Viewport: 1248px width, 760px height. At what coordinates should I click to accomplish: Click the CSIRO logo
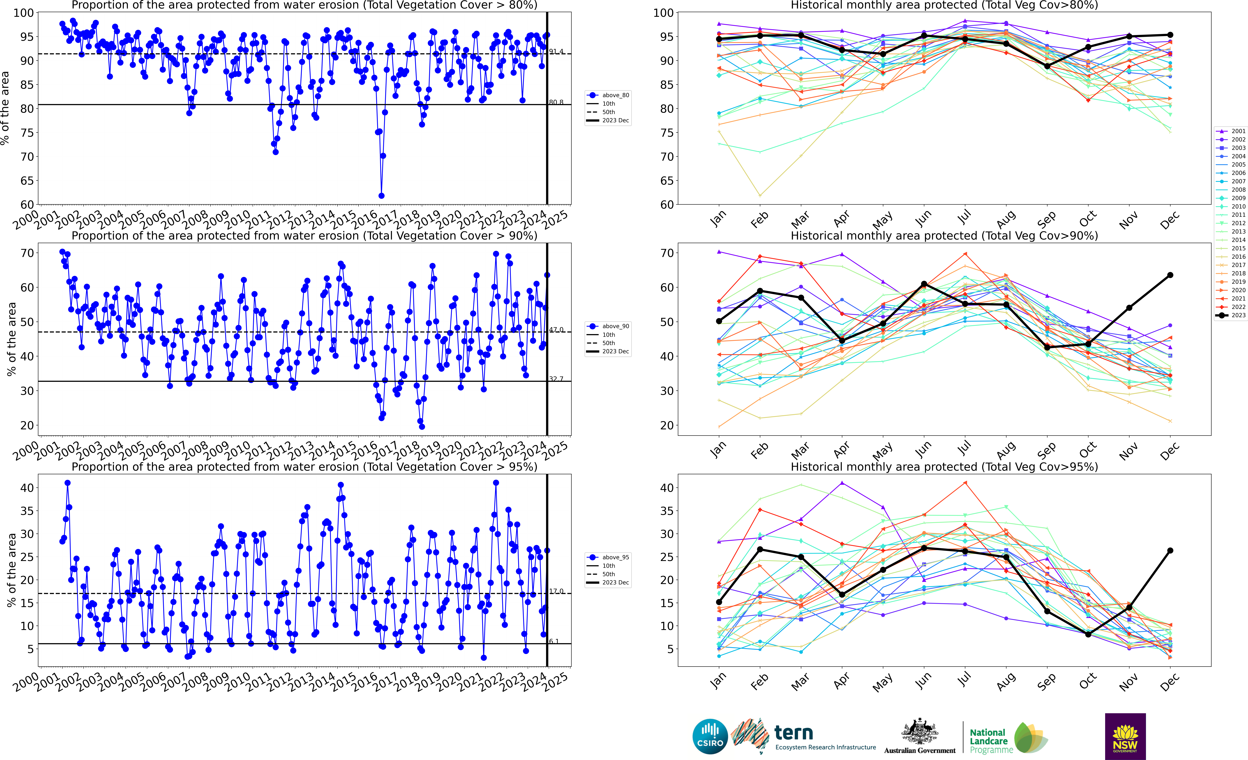(710, 736)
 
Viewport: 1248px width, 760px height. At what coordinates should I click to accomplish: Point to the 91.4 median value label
(556, 52)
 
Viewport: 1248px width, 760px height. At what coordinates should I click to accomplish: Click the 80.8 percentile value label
(556, 102)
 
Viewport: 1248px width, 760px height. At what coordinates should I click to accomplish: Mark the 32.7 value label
(556, 379)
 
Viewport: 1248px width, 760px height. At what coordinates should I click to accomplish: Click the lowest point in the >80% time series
(381, 196)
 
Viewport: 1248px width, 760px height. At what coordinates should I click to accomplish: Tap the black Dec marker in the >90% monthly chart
(1170, 275)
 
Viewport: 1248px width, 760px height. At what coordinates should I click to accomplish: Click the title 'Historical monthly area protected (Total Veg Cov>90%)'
(944, 236)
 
